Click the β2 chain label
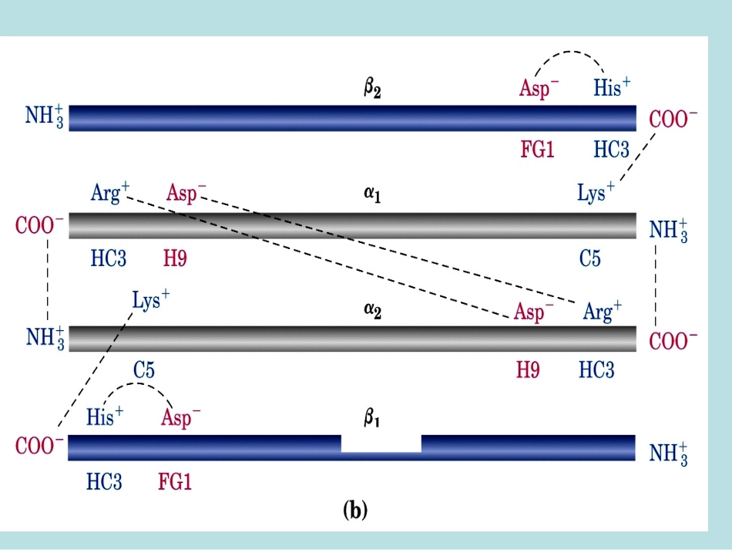(x=372, y=88)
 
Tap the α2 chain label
(x=372, y=310)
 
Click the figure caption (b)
(x=354, y=510)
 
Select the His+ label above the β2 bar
(x=612, y=87)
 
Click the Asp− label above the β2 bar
(x=539, y=88)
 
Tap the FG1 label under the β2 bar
(x=537, y=150)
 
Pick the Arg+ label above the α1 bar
(x=109, y=192)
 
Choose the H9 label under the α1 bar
(x=175, y=258)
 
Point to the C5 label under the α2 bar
(x=144, y=370)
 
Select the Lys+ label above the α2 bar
(x=151, y=301)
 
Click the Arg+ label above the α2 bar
(x=603, y=311)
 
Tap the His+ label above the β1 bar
(x=105, y=416)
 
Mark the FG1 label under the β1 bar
(x=175, y=482)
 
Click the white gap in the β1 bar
(x=381, y=444)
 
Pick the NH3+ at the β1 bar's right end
(x=669, y=454)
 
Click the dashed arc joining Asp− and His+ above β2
(x=569, y=52)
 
